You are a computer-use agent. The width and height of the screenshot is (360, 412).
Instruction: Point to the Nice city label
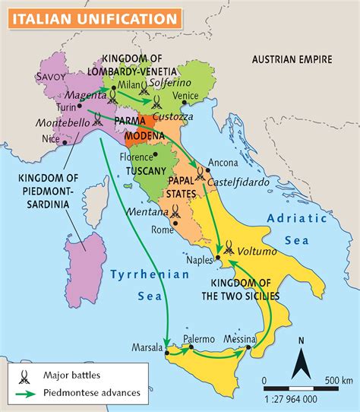(x=50, y=138)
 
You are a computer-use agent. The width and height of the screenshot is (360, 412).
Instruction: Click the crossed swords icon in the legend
(x=24, y=375)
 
